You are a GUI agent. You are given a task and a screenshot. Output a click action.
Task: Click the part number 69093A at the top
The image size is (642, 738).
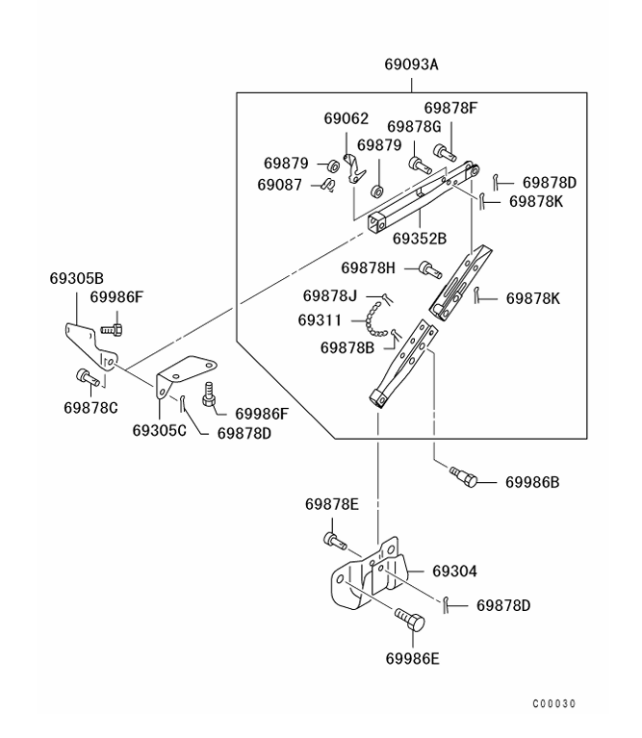point(411,65)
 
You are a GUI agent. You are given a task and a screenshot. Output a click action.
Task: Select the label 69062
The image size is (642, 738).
point(346,119)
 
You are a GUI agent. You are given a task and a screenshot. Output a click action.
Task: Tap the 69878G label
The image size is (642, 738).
point(414,126)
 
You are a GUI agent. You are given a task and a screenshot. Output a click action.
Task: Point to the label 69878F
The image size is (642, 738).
point(450,108)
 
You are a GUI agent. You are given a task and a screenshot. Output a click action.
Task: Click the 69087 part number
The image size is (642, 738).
point(280,184)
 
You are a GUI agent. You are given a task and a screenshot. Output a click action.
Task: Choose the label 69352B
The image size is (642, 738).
point(420,238)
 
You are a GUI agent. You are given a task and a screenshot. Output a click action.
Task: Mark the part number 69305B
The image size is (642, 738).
point(77,279)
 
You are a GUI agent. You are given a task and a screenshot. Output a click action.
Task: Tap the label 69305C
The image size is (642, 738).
point(160,429)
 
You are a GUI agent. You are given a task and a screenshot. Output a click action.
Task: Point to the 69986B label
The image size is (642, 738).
point(531,481)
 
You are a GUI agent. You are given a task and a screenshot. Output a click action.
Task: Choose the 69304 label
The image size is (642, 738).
point(454,572)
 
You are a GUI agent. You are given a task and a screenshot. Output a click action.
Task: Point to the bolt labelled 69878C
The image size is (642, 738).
point(85,376)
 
